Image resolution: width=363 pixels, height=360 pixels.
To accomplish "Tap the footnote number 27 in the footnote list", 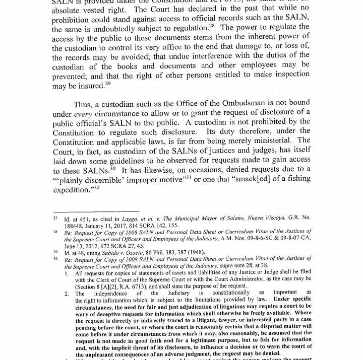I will (56, 219).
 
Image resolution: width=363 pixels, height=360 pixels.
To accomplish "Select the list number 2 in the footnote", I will (67, 294).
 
